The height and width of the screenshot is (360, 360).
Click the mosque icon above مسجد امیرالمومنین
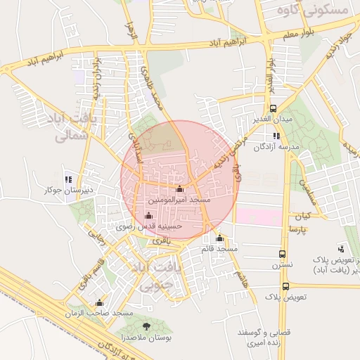coord(179,188)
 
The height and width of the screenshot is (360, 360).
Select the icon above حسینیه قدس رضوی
coord(148,215)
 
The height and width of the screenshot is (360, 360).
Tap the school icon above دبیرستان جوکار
coord(68,179)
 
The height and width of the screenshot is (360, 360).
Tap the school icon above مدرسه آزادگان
coord(276,136)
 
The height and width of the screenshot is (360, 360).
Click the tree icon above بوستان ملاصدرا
coord(146,326)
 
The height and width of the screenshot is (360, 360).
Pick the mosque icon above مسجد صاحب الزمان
coord(99,302)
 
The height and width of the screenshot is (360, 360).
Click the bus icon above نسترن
coord(282,255)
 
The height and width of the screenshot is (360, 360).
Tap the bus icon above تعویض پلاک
coord(285,286)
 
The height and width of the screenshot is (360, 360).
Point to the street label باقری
coord(162,240)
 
